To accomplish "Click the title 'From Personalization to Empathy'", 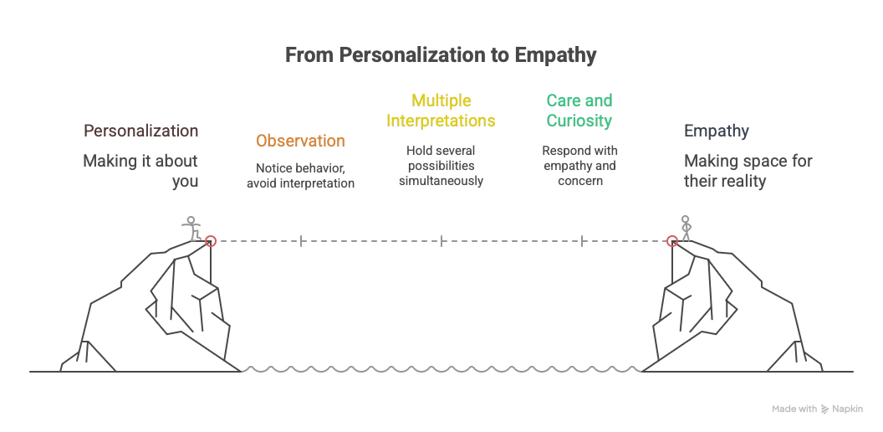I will pyautogui.click(x=441, y=55).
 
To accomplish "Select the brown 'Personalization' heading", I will pyautogui.click(x=140, y=131).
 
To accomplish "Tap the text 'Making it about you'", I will pyautogui.click(x=140, y=170).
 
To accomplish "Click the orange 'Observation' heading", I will pyautogui.click(x=300, y=141).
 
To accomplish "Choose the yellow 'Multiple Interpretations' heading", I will pyautogui.click(x=441, y=111).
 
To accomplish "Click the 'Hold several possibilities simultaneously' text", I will pyautogui.click(x=441, y=166).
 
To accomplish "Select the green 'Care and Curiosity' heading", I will pyautogui.click(x=579, y=111).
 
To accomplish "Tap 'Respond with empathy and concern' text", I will pyautogui.click(x=579, y=166).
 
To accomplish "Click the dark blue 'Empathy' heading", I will pyautogui.click(x=716, y=131).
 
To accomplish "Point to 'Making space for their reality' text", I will pyautogui.click(x=748, y=170).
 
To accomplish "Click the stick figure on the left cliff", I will pyautogui.click(x=192, y=228).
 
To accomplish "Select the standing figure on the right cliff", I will pyautogui.click(x=686, y=228).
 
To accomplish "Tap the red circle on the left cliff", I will pyautogui.click(x=211, y=241).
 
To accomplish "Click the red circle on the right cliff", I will pyautogui.click(x=671, y=241).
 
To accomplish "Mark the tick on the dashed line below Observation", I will pyautogui.click(x=301, y=241).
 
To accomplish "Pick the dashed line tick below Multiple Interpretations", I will pyautogui.click(x=441, y=241).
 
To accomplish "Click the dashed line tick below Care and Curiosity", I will pyautogui.click(x=582, y=241).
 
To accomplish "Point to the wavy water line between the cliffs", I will pyautogui.click(x=441, y=368).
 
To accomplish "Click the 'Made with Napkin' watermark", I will pyautogui.click(x=817, y=409).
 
